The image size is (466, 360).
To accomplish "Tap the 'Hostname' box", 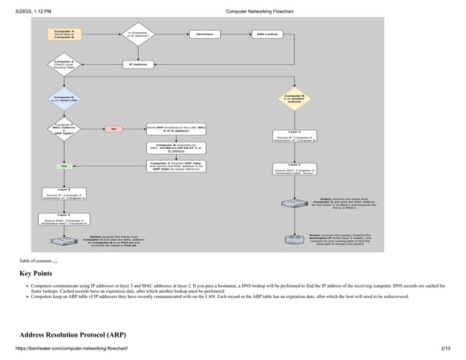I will [205, 34].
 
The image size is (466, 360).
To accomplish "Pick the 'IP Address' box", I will [139, 64].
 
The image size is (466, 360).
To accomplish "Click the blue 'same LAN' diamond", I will [64, 99].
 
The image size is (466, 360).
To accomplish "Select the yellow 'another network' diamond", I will [294, 99].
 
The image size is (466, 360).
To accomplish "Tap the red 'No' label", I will [113, 129].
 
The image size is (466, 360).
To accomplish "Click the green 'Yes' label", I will [64, 166].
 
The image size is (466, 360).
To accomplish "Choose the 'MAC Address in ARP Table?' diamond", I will [64, 129].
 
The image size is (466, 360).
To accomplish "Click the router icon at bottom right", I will [294, 240].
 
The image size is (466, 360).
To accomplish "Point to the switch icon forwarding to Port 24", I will [64, 241].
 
